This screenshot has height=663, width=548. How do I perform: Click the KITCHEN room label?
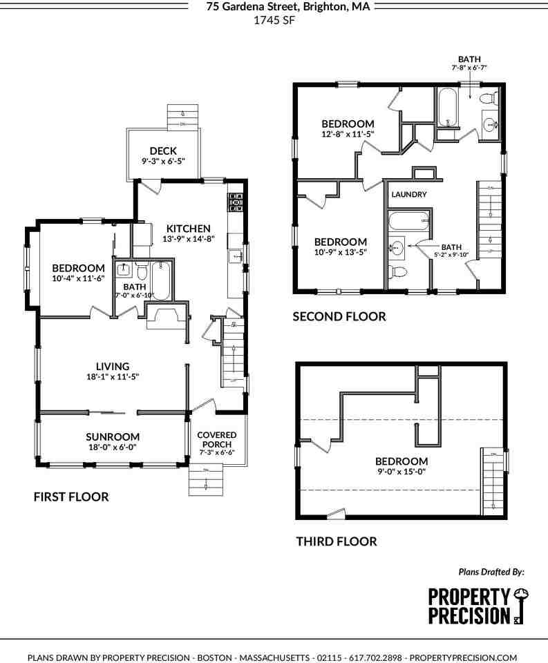187,229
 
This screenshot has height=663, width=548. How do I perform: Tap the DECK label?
163,151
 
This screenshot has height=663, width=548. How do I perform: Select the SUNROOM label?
113,436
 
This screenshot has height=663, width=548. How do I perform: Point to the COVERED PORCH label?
217,439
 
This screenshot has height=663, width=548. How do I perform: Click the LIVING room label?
113,366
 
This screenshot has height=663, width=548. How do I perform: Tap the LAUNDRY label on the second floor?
409,195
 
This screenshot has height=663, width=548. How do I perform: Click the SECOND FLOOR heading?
339,317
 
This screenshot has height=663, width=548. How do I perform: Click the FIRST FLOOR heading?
71,497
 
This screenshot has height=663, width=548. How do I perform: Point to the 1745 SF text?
274,20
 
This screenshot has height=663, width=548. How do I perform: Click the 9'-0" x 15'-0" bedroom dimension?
401,472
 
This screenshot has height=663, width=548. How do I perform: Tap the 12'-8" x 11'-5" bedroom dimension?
348,134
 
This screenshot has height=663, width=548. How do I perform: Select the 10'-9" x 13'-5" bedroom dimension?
340,252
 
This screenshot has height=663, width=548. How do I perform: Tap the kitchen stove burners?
234,200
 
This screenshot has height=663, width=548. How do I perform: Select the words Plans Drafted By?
491,572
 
